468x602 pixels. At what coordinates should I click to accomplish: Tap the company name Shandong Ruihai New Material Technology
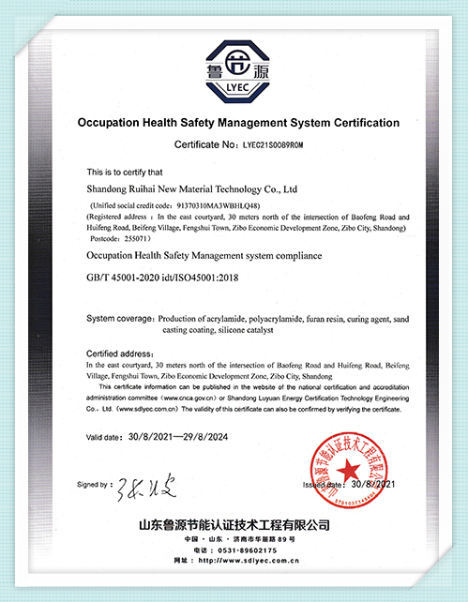click(x=192, y=188)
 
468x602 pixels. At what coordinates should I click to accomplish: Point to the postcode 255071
click(x=139, y=239)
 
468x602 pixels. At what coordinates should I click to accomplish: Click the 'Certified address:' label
click(x=119, y=353)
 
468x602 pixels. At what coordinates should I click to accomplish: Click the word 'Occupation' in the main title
click(x=106, y=123)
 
